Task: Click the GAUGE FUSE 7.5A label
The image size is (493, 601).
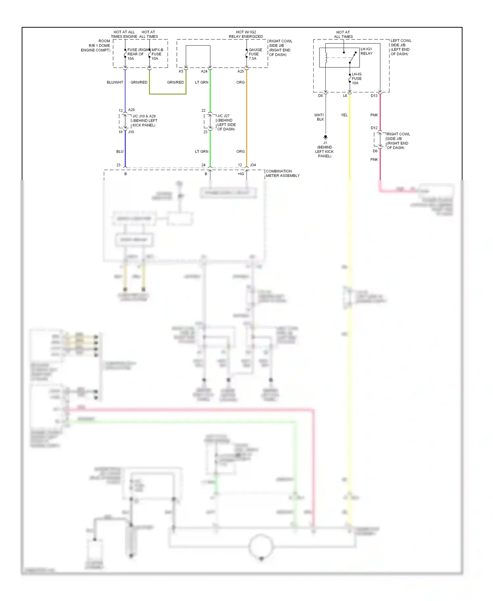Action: (255, 54)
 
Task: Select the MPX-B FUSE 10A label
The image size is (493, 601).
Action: (157, 54)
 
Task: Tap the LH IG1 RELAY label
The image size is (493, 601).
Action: (366, 51)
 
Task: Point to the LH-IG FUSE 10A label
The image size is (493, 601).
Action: (357, 79)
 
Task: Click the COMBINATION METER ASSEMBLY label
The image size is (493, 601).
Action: (282, 173)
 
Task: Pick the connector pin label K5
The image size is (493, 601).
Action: (181, 71)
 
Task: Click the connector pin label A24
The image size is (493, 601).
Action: (204, 71)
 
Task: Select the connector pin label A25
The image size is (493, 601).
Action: (241, 71)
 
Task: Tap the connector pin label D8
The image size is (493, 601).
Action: (320, 96)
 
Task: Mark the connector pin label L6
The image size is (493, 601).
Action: (345, 96)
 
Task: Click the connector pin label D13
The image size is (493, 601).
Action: (374, 96)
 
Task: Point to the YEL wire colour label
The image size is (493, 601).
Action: (344, 115)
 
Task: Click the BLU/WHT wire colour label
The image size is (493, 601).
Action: (115, 82)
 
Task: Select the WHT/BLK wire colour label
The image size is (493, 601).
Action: (319, 117)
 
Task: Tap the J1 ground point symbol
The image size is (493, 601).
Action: (325, 137)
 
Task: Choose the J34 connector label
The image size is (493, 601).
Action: (253, 165)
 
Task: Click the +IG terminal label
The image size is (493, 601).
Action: (241, 174)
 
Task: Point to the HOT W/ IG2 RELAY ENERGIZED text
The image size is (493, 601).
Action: (246, 34)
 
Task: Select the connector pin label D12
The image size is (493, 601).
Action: (374, 128)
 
